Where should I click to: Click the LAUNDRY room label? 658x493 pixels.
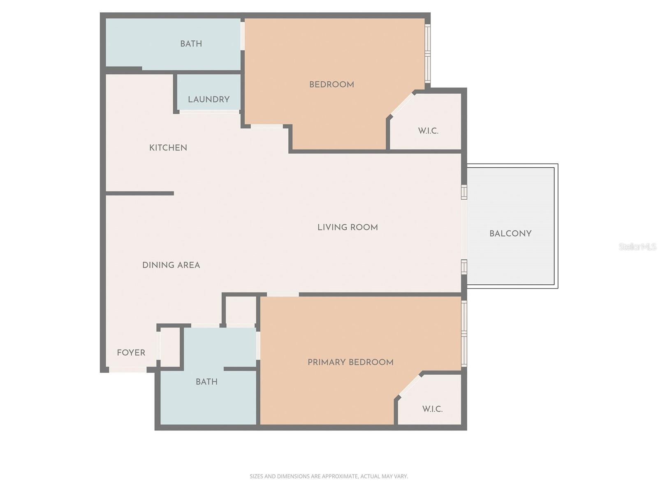coord(209,99)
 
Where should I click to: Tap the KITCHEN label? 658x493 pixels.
coord(168,148)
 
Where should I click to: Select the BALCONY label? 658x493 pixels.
coord(510,234)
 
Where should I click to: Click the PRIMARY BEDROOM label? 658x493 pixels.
coord(350,362)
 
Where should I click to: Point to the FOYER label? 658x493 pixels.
coord(131,353)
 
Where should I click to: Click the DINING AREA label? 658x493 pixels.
coord(171,265)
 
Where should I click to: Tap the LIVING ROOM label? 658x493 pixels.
coord(348,228)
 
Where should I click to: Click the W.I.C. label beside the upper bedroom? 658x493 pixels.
coord(428,131)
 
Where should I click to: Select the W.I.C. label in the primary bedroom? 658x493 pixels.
coord(432,409)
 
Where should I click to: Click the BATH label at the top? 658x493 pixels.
coord(191,44)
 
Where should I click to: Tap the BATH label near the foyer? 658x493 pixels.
coord(206,382)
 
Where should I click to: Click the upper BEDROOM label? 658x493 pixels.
coord(331,85)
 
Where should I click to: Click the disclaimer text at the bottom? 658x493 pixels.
coord(329,477)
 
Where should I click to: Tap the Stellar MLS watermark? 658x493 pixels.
coord(637,247)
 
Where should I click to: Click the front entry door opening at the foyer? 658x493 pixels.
coord(128,370)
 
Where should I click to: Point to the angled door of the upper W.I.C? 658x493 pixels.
coord(402,104)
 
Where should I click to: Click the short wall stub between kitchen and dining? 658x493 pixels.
coord(140,193)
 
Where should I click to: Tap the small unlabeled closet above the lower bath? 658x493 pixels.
coord(241,310)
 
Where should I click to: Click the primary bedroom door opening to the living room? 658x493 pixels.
coord(283,294)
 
